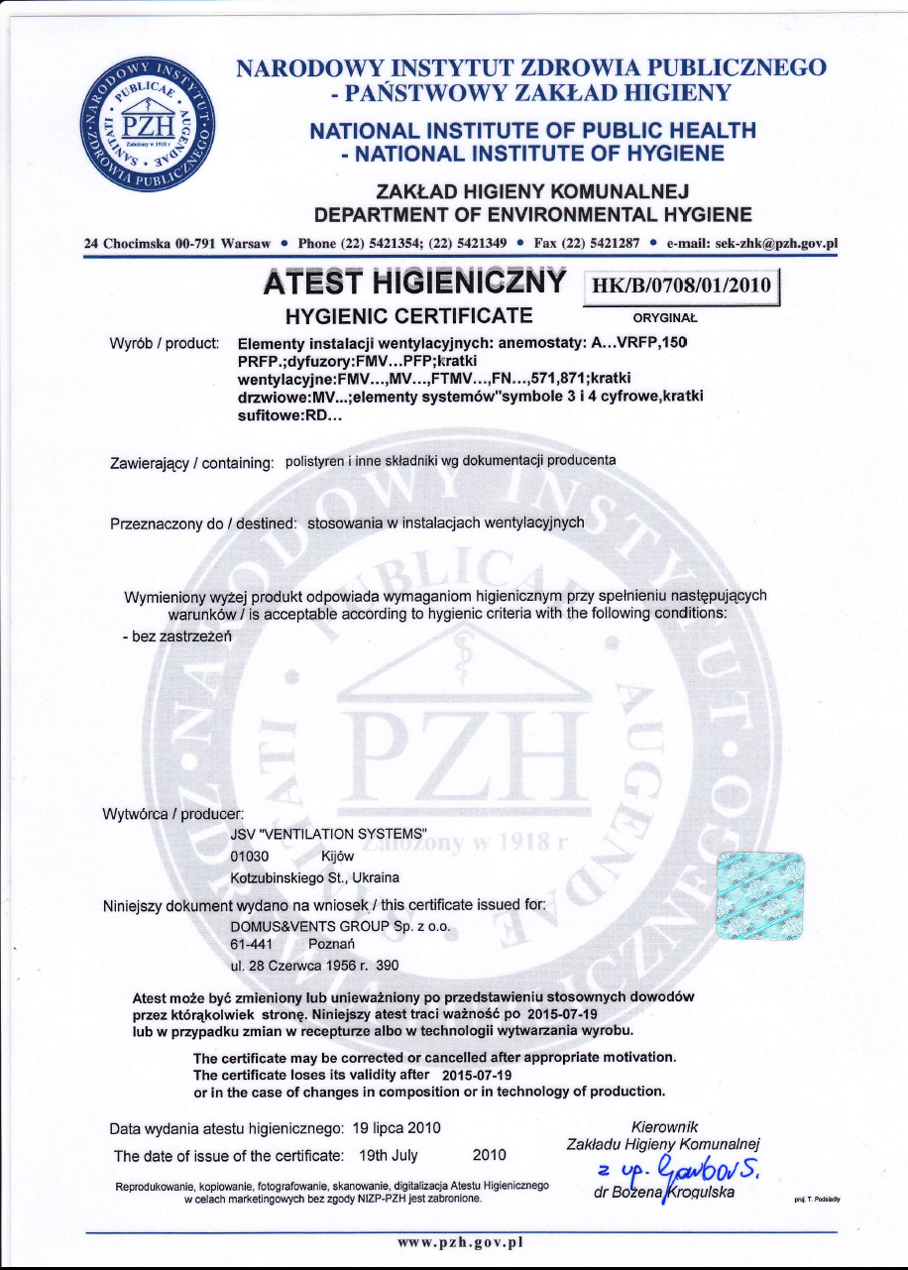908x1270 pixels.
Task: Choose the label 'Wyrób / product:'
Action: (164, 343)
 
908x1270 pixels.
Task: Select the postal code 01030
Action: (249, 856)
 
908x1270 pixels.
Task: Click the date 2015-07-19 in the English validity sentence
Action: (476, 1075)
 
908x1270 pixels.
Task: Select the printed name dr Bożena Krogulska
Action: (663, 1192)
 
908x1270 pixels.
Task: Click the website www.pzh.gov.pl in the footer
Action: (459, 1241)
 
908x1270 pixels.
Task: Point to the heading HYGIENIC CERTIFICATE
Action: (409, 317)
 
